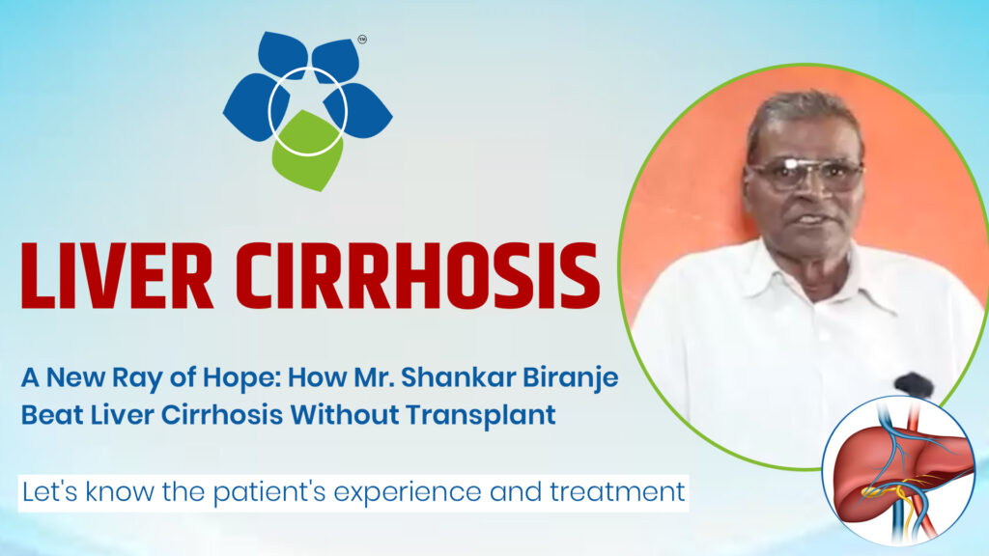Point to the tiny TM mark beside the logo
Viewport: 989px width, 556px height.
[x=362, y=41]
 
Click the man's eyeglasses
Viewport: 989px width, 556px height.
[x=805, y=174]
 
